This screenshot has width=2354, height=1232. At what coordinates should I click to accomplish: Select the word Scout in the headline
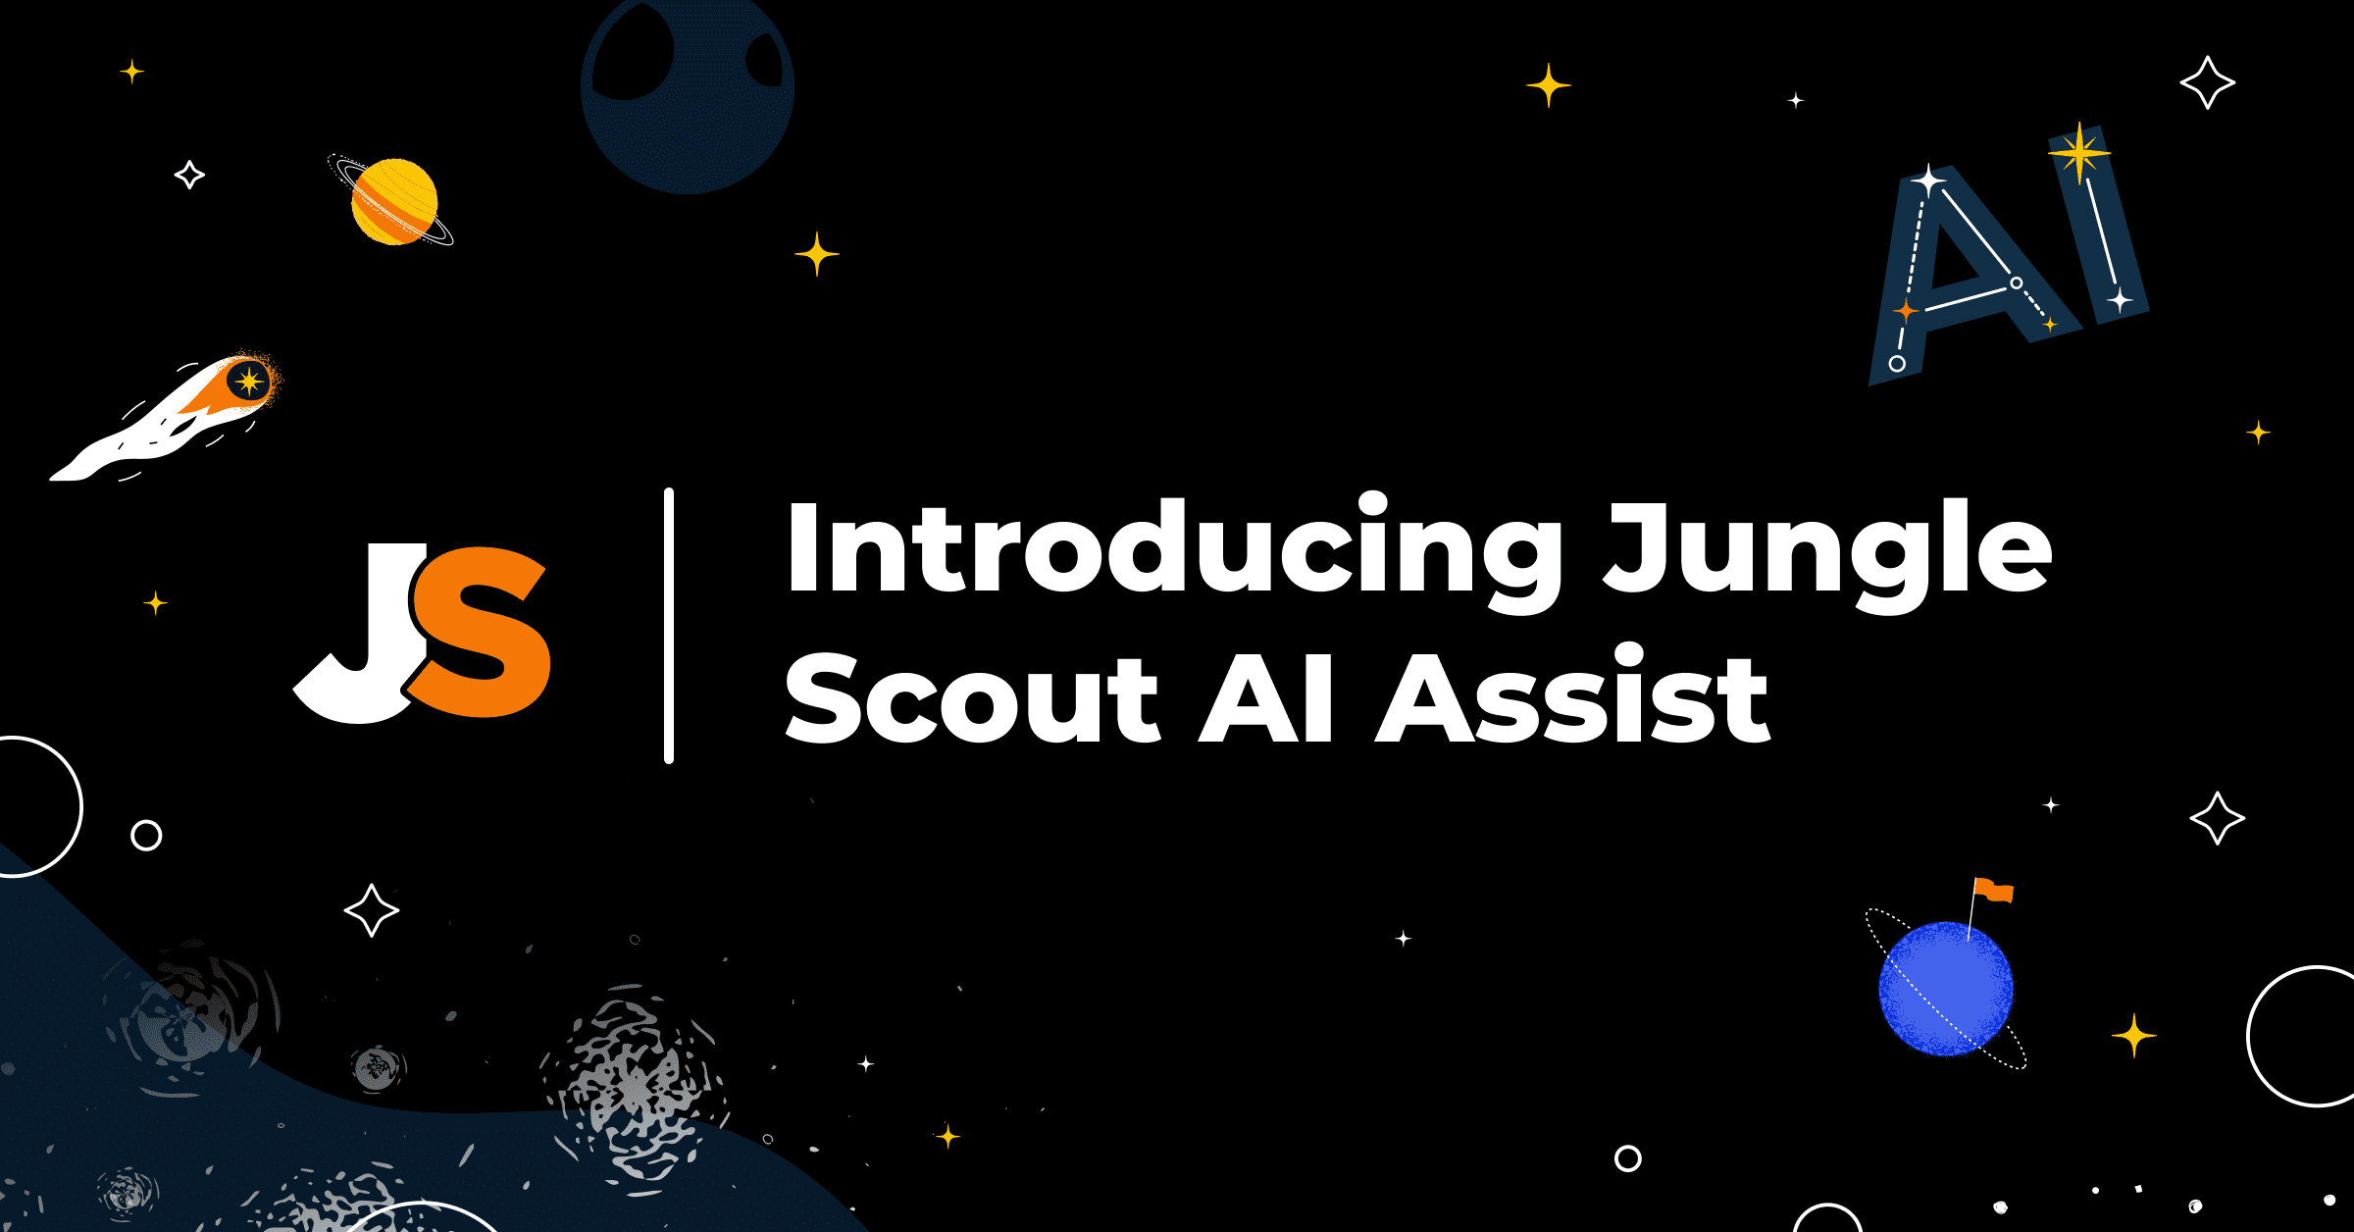pyautogui.click(x=971, y=698)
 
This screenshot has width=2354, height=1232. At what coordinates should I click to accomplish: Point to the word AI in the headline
pyautogui.click(x=1265, y=698)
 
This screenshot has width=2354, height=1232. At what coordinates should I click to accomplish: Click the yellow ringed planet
pyautogui.click(x=394, y=201)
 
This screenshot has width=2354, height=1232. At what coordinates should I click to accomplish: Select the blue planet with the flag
pyautogui.click(x=1946, y=989)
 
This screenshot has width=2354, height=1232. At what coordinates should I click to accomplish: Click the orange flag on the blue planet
pyautogui.click(x=1994, y=891)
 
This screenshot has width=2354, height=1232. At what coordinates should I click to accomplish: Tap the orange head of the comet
pyautogui.click(x=245, y=382)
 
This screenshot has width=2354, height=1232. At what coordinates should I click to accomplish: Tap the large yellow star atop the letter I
pyautogui.click(x=2078, y=152)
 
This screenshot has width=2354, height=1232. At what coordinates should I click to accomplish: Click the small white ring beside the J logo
pyautogui.click(x=146, y=835)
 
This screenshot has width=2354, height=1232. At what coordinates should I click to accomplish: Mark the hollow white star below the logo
pyautogui.click(x=372, y=910)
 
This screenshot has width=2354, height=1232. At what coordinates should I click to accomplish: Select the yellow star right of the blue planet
pyautogui.click(x=2133, y=1035)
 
